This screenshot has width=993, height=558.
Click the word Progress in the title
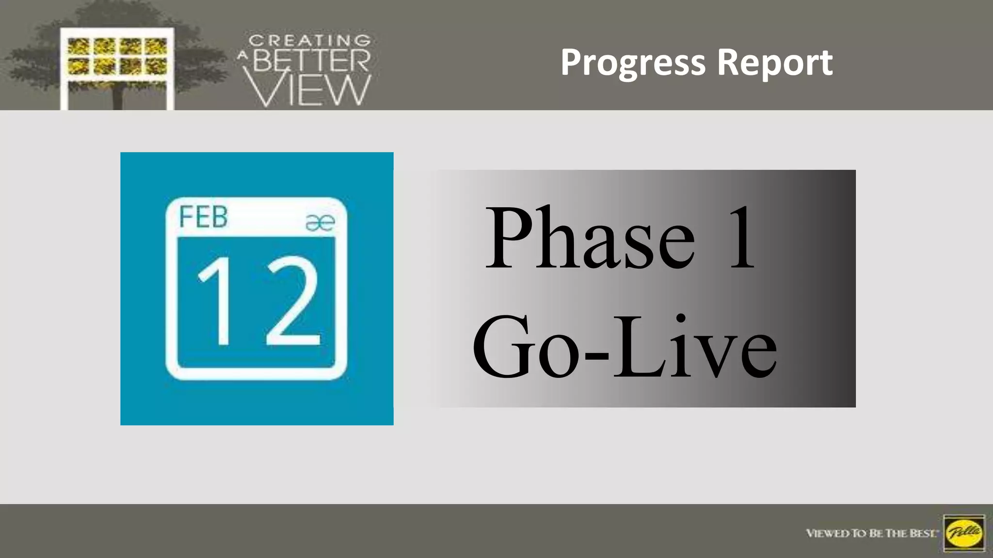633,63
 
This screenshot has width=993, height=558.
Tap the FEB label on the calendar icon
203,217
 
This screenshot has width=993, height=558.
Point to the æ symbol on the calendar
320,222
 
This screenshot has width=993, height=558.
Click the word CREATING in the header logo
310,41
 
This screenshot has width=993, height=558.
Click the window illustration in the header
117,68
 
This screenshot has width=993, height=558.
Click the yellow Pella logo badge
964,533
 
